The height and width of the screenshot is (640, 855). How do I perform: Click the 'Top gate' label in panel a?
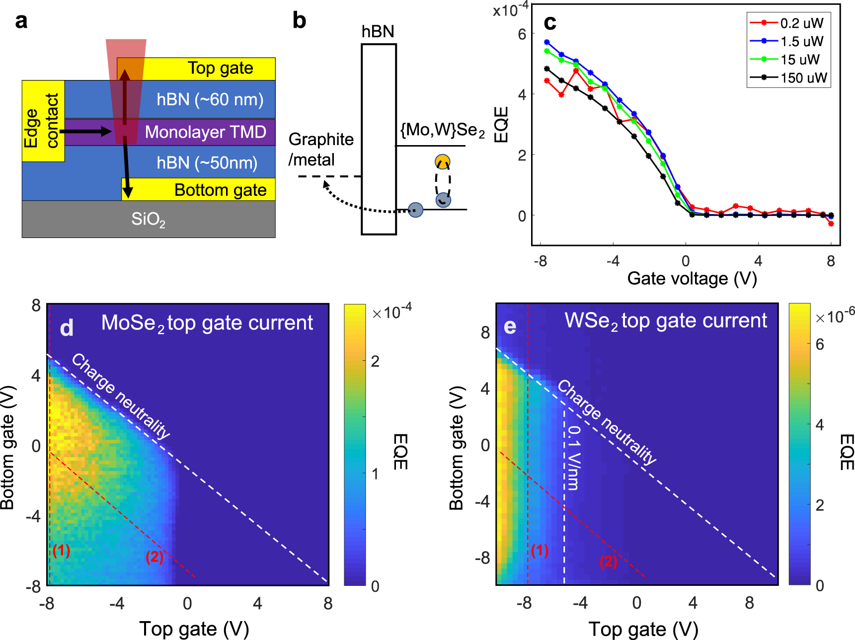[220, 68]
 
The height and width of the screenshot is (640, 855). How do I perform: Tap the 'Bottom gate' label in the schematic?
[220, 190]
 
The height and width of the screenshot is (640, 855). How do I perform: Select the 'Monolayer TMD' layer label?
[205, 132]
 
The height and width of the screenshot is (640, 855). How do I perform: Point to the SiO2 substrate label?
[148, 219]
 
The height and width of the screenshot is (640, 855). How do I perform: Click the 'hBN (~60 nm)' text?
[210, 100]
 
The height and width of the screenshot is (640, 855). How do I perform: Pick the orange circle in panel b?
[442, 162]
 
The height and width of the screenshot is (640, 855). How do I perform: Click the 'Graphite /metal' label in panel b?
[320, 149]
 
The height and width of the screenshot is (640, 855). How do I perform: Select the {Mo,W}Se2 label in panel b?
[442, 131]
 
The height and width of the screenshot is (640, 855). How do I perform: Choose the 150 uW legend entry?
[803, 78]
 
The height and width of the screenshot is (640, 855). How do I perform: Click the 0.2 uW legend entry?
[801, 23]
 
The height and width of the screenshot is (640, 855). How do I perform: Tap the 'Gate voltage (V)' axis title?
[692, 279]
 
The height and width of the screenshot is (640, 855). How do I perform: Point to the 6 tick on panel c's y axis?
[522, 34]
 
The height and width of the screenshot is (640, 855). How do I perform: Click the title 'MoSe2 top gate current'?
[207, 323]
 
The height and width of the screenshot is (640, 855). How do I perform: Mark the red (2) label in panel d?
[155, 557]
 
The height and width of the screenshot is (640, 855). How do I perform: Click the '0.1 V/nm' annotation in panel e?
[573, 458]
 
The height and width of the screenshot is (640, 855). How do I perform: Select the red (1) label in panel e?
[540, 551]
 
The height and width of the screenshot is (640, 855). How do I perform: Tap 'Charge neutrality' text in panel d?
[121, 396]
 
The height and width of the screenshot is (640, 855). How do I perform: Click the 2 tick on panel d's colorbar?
[375, 361]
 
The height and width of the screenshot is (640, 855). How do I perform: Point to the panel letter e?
[510, 326]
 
